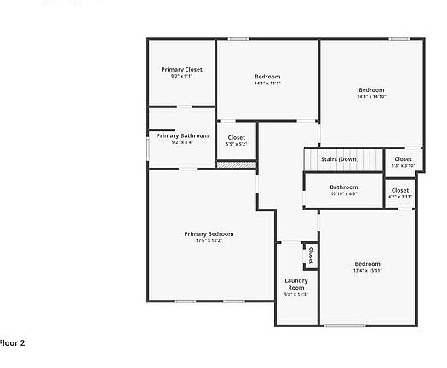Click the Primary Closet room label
pos(181,69)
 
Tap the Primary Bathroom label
pos(182,135)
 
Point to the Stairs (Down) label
pos(339,159)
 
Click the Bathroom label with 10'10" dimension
pos(344,187)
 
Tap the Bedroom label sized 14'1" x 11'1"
pos(267,76)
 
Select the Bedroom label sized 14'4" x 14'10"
pos(371,89)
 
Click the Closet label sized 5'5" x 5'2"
pos(236,137)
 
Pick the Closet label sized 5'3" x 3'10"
pos(402,158)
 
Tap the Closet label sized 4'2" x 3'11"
pos(400,190)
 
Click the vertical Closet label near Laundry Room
pos(311,255)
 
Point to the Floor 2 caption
pos(12,342)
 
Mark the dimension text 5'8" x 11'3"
pos(295,295)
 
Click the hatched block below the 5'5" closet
pos(226,164)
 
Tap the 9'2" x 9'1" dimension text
pos(181,76)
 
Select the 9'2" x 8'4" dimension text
pos(182,142)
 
